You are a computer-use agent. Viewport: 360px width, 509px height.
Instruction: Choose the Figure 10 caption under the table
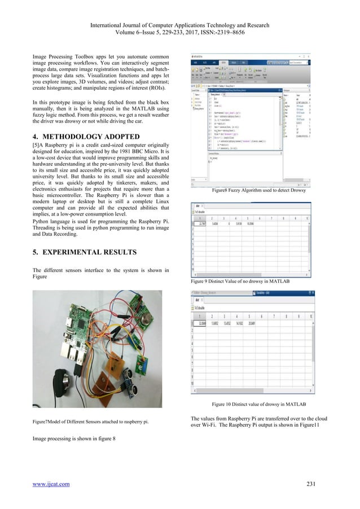259,404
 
